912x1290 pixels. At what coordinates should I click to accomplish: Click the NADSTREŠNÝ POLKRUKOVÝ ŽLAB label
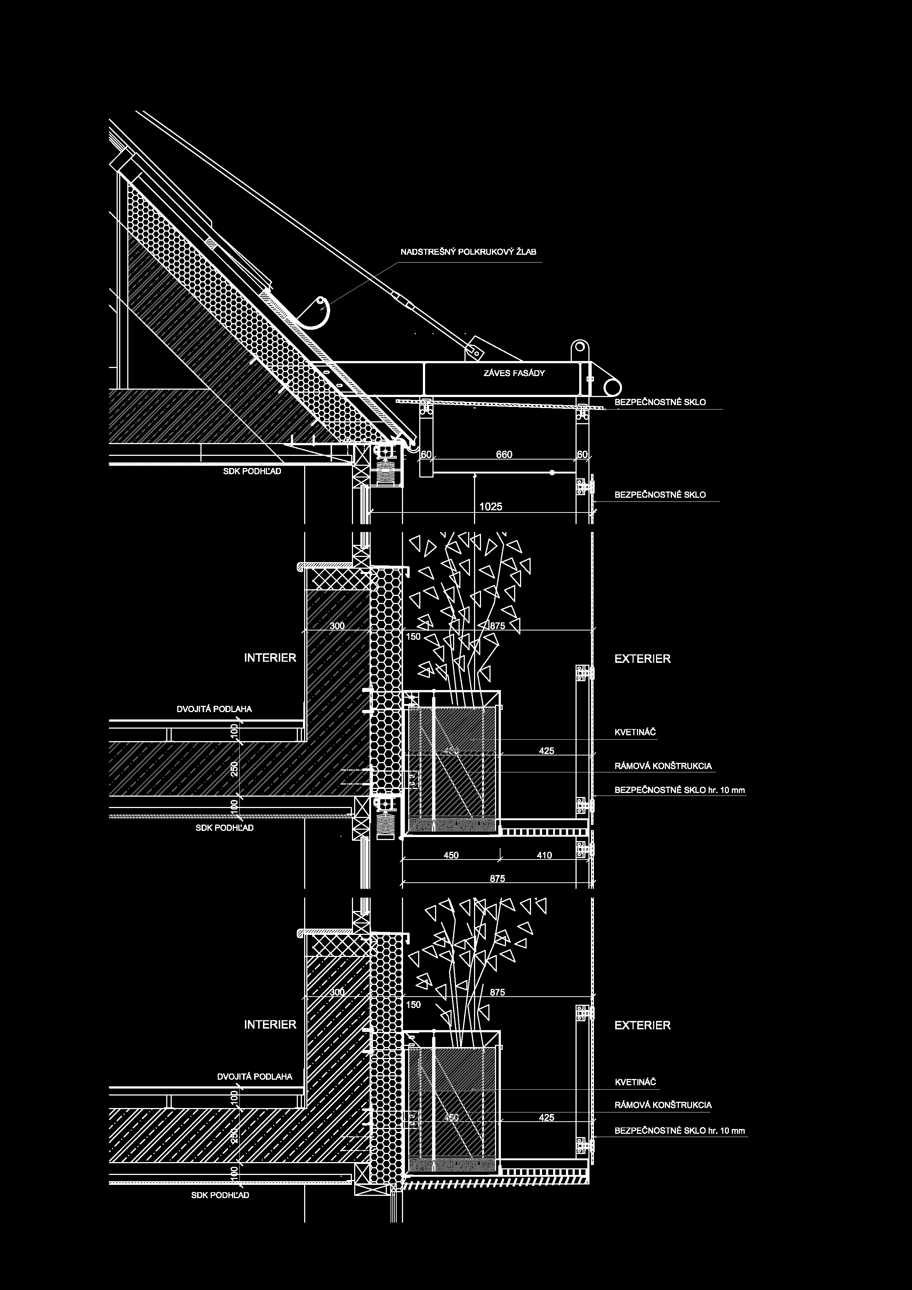(x=468, y=252)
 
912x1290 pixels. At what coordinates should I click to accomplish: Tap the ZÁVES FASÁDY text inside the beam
(x=514, y=373)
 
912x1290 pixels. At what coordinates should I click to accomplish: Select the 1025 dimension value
(x=491, y=507)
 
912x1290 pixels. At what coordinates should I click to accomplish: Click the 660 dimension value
(x=504, y=454)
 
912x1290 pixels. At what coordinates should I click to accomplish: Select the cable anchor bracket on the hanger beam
(x=473, y=349)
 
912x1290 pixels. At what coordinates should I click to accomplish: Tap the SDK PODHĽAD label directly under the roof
(x=252, y=471)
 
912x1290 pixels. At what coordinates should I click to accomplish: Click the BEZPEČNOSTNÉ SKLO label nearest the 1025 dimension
(x=660, y=495)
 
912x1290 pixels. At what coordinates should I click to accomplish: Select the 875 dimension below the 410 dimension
(x=497, y=878)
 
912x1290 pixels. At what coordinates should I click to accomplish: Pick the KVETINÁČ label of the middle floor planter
(x=635, y=733)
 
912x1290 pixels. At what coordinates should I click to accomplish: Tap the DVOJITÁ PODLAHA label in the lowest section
(x=254, y=1076)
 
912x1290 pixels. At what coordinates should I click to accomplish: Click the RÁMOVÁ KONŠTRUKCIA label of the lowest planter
(x=663, y=1105)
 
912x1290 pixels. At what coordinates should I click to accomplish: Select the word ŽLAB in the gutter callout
(x=526, y=252)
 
